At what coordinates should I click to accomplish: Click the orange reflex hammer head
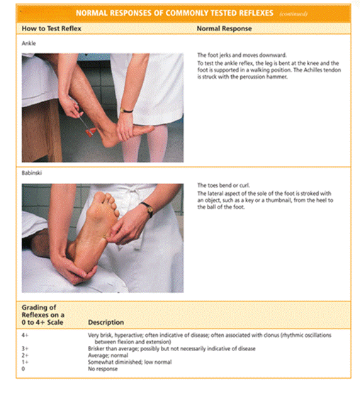click(91, 132)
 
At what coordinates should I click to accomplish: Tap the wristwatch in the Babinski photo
click(147, 209)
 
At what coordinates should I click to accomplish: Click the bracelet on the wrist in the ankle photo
click(126, 110)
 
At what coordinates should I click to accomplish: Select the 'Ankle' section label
click(28, 43)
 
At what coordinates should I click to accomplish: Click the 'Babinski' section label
click(32, 172)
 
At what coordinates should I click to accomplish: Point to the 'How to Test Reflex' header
click(51, 28)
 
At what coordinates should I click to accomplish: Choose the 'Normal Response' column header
click(224, 28)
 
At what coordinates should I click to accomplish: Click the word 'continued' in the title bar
click(293, 13)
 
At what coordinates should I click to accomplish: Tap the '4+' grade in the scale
click(25, 335)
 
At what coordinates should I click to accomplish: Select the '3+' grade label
click(25, 348)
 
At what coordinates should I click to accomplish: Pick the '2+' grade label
click(25, 355)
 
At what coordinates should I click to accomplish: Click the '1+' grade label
click(25, 362)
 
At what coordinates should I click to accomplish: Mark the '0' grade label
click(23, 369)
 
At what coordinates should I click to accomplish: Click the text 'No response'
click(103, 369)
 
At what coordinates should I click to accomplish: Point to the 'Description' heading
click(106, 322)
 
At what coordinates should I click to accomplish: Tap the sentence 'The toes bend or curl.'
click(223, 185)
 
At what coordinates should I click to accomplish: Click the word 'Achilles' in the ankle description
click(313, 70)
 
